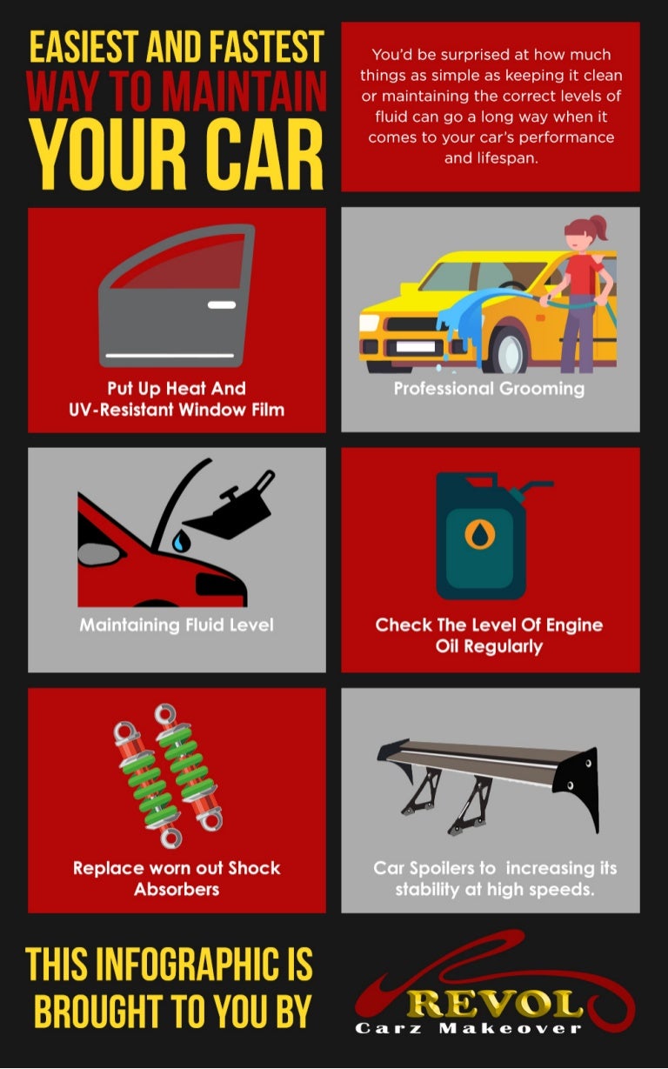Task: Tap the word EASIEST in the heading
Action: coord(89,47)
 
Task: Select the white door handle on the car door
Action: coord(221,305)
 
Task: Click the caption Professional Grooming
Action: coord(489,388)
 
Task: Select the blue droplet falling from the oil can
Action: coord(179,542)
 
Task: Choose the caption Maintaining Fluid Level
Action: coord(177,625)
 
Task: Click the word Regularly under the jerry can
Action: coord(489,646)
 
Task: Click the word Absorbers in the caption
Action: coord(177,889)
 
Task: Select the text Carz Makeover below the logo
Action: coord(468,1029)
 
